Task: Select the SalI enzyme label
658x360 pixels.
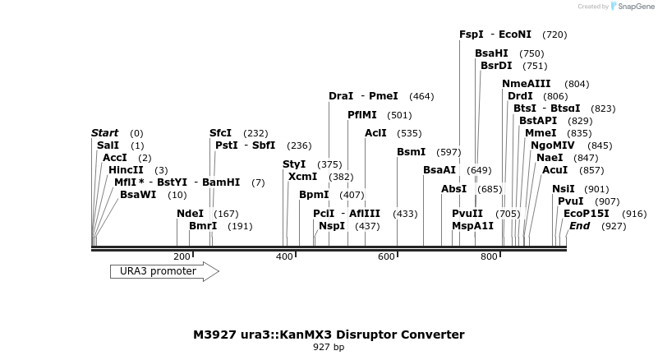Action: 108,145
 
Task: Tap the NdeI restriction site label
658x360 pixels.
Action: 190,214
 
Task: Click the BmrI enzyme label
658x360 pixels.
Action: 203,226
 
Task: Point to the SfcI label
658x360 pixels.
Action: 220,133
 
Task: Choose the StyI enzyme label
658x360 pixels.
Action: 294,164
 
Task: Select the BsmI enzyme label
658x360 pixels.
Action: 412,152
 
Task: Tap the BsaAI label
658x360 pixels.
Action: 439,170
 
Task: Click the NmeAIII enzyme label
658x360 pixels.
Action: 527,84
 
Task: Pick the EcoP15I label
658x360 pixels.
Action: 587,214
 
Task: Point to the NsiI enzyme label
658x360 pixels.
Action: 564,189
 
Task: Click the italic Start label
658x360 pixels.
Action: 105,133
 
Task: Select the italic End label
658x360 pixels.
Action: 580,226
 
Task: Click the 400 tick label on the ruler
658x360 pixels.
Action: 284,257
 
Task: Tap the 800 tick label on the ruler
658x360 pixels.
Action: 490,257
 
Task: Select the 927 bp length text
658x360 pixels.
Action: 329,348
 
